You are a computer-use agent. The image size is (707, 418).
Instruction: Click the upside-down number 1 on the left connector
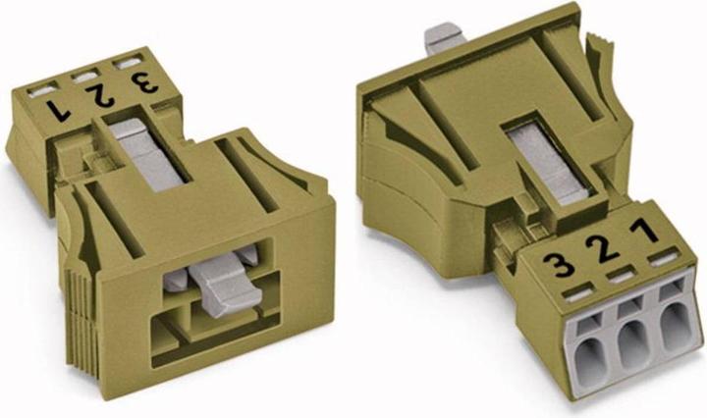[58, 110]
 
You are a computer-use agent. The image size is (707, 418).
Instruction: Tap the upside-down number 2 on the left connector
[100, 96]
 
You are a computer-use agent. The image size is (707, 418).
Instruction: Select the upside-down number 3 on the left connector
[144, 82]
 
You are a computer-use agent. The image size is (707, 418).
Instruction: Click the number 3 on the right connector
[559, 265]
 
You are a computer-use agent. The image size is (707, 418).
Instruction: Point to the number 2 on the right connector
[602, 249]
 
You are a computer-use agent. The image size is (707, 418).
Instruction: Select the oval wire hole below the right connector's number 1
[676, 326]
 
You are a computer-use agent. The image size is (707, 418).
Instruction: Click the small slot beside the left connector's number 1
[42, 90]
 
